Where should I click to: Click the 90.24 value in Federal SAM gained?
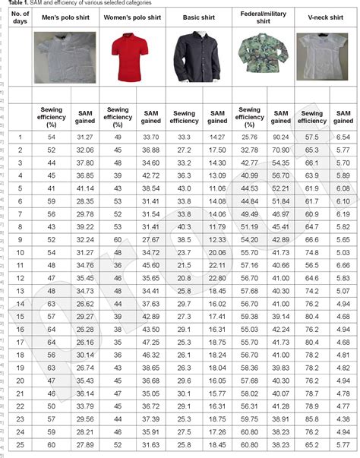281,137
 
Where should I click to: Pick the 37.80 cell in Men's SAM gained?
84,163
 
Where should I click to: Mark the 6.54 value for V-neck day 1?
344,137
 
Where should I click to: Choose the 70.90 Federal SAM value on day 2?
281,150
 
